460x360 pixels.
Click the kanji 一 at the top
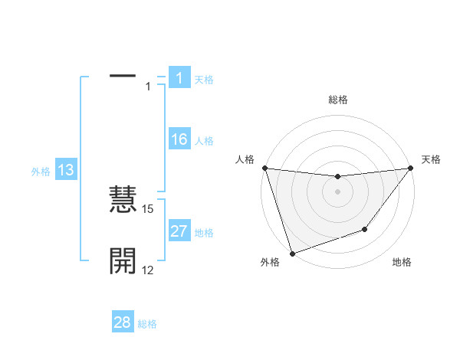123,76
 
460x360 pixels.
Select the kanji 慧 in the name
123,201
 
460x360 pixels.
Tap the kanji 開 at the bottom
123,261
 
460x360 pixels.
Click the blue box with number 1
179,78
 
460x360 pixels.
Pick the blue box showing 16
179,139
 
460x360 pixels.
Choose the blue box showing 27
179,231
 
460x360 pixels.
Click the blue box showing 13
66,170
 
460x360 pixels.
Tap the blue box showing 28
123,322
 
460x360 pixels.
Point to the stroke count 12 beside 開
148,270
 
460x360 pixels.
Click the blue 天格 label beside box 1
204,80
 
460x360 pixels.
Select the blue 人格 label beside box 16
204,141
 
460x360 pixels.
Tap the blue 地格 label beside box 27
204,233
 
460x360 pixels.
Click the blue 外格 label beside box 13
41,172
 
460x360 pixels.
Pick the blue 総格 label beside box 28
147,324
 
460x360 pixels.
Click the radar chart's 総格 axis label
338,100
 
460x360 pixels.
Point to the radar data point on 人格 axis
264,168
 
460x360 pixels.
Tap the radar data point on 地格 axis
366,229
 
